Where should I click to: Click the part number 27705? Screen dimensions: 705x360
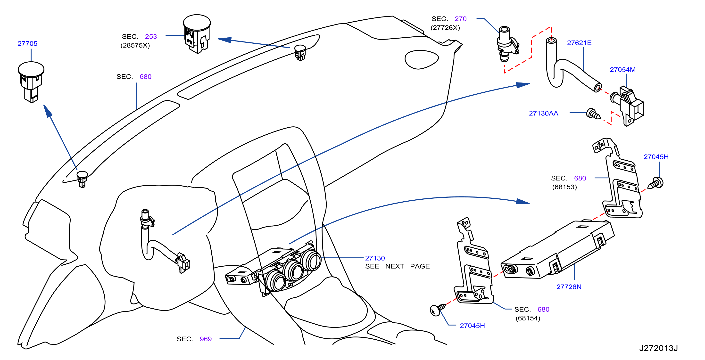coord(27,43)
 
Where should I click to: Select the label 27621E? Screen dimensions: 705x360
coord(579,43)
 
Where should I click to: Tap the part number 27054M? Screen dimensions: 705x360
coord(623,70)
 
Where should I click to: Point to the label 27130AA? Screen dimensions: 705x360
coord(543,113)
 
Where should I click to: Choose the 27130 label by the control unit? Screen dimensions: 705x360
coord(375,258)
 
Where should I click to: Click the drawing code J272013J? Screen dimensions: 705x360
coord(658,348)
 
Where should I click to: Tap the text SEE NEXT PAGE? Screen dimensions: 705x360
coord(397,266)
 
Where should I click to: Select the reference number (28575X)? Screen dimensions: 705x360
coord(135,45)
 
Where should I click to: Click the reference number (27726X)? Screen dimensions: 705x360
coord(445,28)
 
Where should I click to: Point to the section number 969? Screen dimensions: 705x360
coord(206,339)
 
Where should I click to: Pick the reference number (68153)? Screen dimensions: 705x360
coord(564,187)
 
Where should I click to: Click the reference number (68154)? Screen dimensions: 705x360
coord(528,319)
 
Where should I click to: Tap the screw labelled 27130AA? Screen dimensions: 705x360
coord(593,114)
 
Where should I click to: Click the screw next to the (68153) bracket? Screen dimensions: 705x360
coord(656,183)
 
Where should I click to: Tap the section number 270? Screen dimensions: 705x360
coord(460,19)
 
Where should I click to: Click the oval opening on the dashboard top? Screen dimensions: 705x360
coord(422,59)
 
